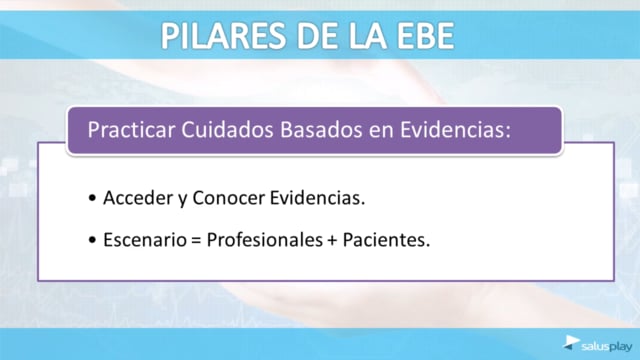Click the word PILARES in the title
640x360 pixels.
click(224, 36)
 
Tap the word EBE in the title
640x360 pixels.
click(426, 36)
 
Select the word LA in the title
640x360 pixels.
click(367, 36)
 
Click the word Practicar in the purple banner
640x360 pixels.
click(131, 130)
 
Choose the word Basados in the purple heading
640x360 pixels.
click(321, 130)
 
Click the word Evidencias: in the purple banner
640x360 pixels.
click(455, 130)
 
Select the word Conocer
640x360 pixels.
click(229, 198)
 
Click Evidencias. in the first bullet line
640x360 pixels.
click(317, 198)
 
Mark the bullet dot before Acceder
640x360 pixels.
click(92, 198)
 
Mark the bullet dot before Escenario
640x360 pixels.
click(92, 240)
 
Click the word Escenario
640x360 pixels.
click(145, 240)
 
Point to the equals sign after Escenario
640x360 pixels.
click(196, 240)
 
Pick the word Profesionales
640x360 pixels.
click(264, 240)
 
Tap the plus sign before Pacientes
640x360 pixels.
click(332, 240)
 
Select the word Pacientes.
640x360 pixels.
click(386, 240)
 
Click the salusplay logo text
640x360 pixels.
click(607, 347)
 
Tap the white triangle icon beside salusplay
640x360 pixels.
click(571, 342)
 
